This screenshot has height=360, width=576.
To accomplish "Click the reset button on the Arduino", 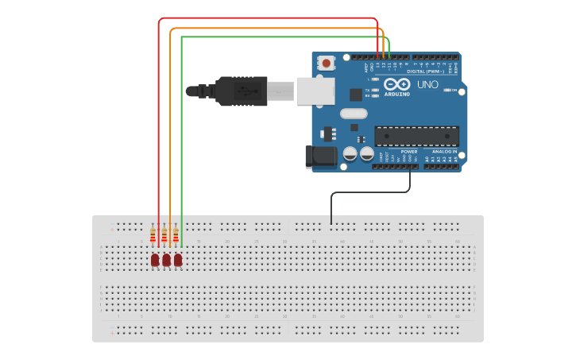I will tap(326, 63).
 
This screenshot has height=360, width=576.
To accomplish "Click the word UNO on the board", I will tap(427, 84).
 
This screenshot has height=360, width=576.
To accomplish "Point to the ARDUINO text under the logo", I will tap(397, 94).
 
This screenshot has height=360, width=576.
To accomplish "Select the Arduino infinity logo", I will tap(396, 84).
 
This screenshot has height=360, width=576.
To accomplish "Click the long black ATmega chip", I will tap(416, 136).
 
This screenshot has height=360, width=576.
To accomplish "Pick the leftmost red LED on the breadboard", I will tap(155, 260).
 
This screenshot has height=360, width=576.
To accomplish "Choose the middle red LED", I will tap(166, 260).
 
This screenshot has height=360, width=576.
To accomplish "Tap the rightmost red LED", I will tap(178, 260).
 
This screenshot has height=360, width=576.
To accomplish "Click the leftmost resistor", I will tap(153, 235).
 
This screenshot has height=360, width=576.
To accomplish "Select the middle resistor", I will tap(164, 235).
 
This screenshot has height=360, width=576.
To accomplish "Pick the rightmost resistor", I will tap(176, 235).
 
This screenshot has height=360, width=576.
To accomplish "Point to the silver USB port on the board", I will tap(315, 91).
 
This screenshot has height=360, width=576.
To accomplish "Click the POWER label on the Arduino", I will tap(408, 151).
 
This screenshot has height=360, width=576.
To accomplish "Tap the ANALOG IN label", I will tap(444, 151).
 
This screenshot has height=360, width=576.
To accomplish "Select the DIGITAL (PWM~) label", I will tap(424, 72).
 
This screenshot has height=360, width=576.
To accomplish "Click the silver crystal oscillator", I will tap(354, 113).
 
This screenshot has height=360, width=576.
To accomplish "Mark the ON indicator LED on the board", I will tap(449, 91).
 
